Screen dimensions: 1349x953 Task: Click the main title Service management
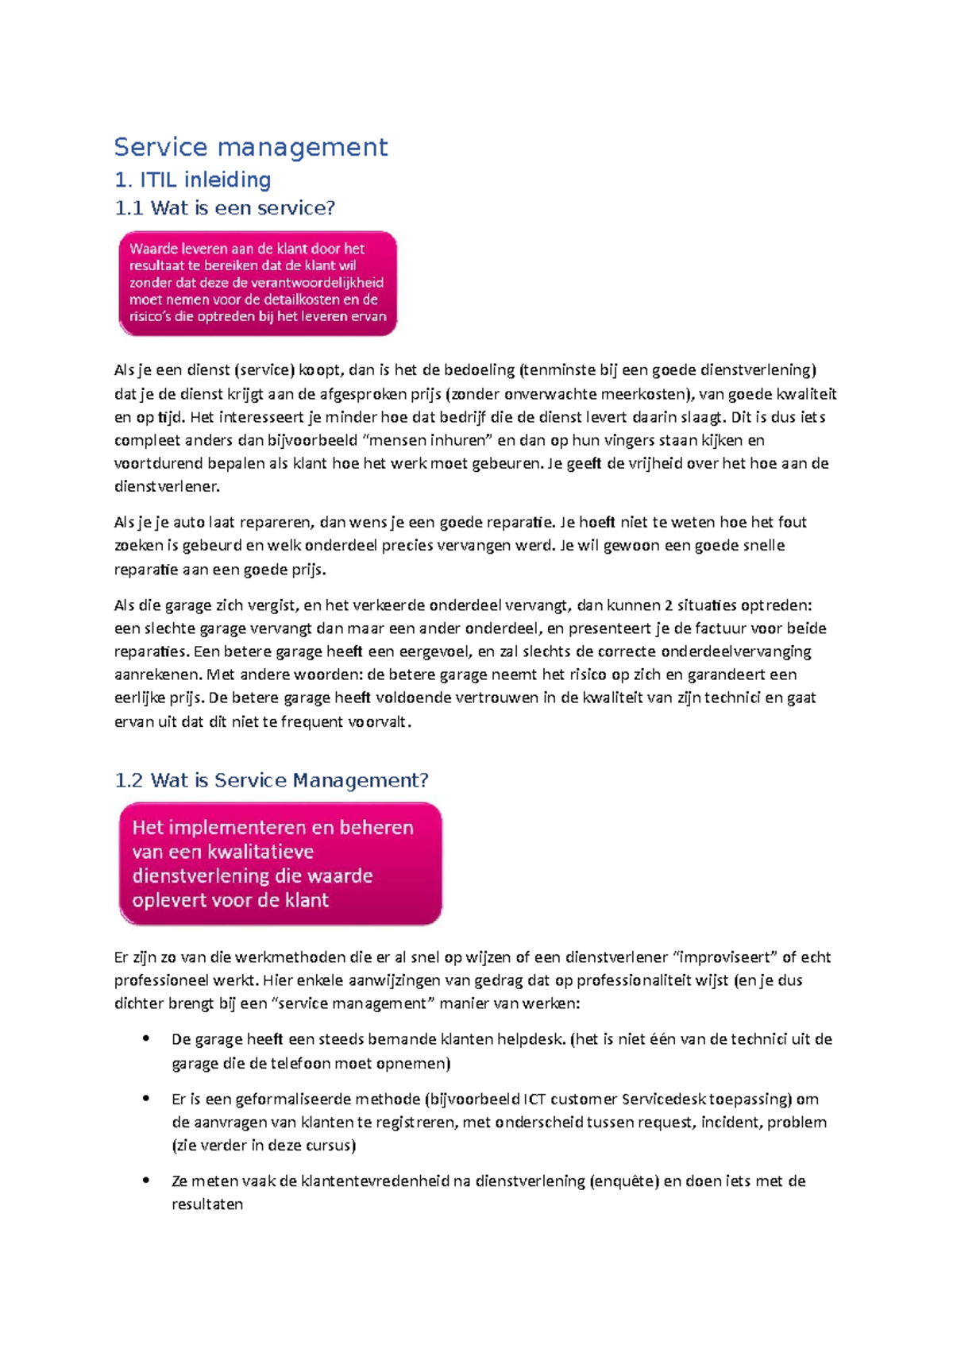[x=250, y=147]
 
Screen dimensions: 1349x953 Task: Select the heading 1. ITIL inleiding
[x=193, y=180]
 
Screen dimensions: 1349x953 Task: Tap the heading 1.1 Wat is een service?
[x=225, y=208]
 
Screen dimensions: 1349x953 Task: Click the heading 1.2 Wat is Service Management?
[x=272, y=780]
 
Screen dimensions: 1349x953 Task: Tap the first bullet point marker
[x=145, y=1038]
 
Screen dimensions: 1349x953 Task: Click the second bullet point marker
[x=145, y=1099]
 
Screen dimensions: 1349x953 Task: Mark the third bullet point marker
[x=145, y=1181]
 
